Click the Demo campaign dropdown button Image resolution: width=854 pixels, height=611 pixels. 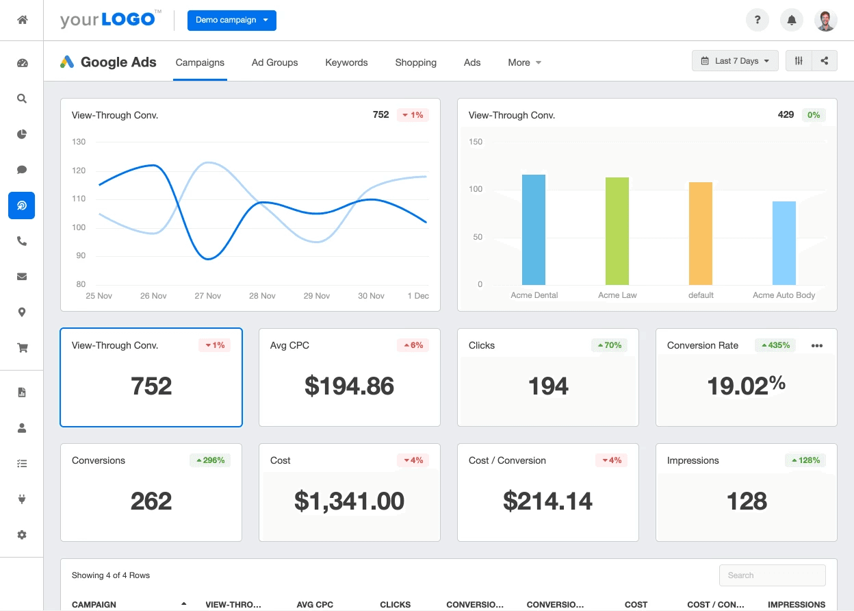tap(232, 21)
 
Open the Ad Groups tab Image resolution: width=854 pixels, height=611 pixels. tap(274, 62)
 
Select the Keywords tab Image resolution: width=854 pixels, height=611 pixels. tap(346, 62)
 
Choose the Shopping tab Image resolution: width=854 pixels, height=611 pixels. tap(415, 62)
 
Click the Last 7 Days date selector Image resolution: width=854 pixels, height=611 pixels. tap(735, 61)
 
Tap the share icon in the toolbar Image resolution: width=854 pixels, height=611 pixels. tap(825, 61)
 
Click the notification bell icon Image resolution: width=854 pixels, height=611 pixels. tap(792, 21)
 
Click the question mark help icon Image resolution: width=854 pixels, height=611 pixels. tap(757, 21)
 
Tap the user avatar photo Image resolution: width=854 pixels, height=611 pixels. tap(826, 21)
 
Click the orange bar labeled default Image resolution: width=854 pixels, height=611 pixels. tap(701, 234)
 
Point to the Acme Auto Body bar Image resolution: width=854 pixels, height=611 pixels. tap(784, 243)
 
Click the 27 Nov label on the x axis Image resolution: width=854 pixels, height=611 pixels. tap(207, 296)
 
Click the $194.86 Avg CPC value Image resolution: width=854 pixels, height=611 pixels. tap(349, 386)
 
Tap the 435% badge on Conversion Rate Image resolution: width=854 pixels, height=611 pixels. tap(776, 345)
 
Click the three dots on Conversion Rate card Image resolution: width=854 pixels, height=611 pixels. tap(817, 346)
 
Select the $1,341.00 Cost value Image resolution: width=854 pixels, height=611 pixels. tap(349, 501)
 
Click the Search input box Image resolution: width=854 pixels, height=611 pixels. tap(773, 575)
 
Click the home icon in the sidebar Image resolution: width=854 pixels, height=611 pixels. tap(22, 20)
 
